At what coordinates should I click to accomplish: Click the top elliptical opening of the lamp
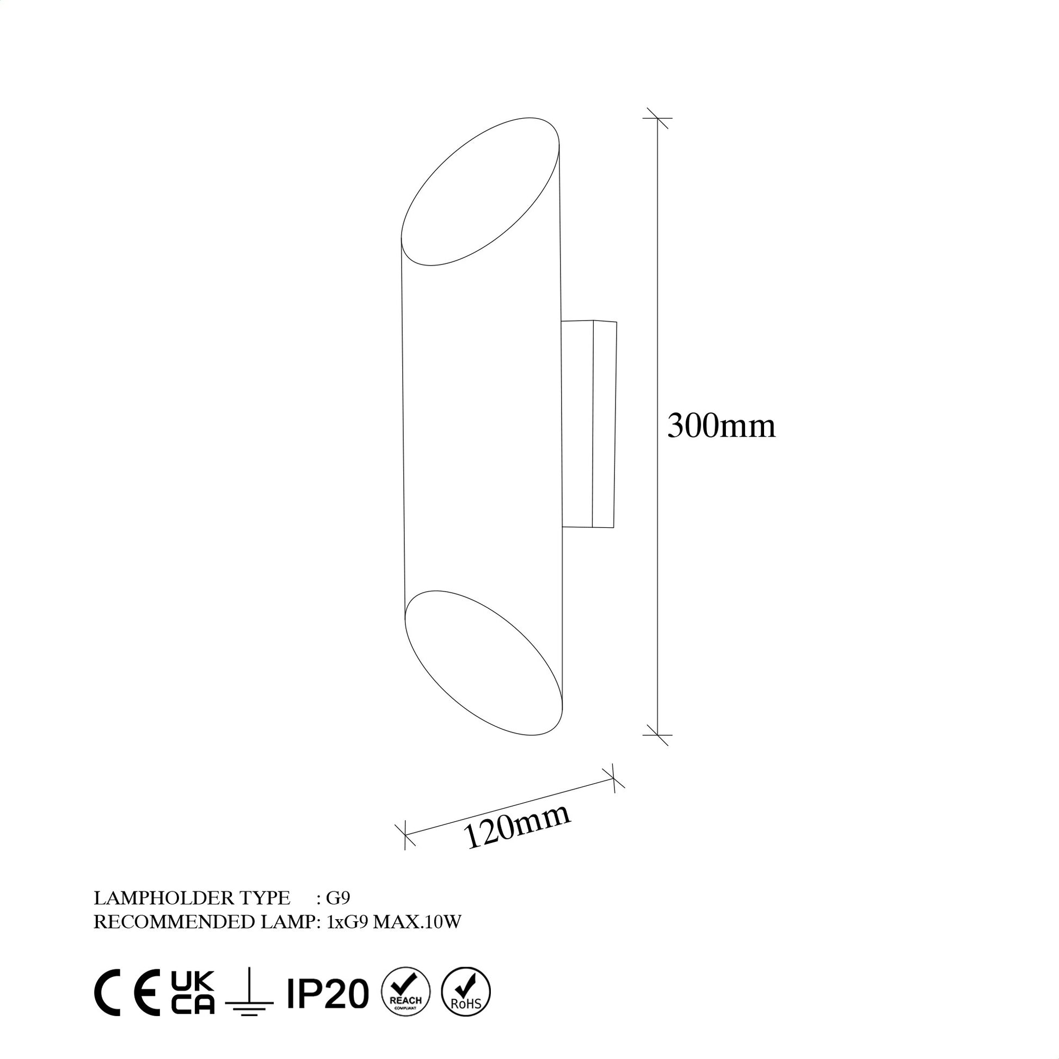pos(480,192)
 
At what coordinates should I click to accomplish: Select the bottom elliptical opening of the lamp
pos(483,663)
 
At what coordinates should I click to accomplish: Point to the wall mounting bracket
pos(589,424)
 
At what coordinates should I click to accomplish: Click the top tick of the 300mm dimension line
pos(657,118)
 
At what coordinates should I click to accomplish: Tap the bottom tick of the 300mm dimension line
pos(657,735)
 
